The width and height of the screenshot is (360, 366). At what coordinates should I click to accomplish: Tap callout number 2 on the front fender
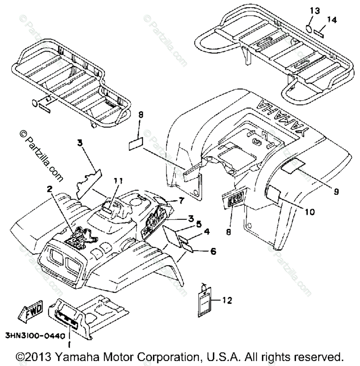click(x=49, y=189)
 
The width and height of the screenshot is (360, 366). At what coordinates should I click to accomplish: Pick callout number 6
click(x=213, y=252)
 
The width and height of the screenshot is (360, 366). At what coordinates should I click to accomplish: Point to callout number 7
click(x=181, y=200)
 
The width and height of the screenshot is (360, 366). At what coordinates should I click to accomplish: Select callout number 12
click(x=228, y=300)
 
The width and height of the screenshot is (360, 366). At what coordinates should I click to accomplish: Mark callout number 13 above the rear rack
click(x=315, y=11)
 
